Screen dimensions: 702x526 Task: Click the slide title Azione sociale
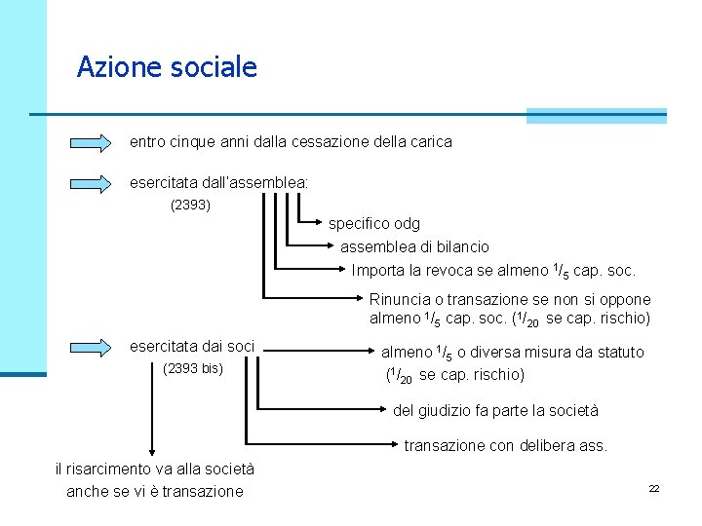click(167, 67)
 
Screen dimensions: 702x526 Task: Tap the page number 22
click(654, 488)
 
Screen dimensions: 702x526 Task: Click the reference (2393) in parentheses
click(190, 206)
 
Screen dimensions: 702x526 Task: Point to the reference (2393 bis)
click(193, 368)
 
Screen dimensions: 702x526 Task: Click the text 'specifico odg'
click(374, 224)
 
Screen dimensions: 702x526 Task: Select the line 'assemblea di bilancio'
click(414, 246)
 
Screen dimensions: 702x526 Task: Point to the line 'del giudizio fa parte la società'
click(495, 411)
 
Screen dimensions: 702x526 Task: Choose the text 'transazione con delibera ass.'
click(505, 446)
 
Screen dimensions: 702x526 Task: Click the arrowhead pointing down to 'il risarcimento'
click(151, 449)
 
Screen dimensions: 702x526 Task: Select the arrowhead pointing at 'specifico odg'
click(322, 223)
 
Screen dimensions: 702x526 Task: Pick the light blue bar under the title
click(596, 115)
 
